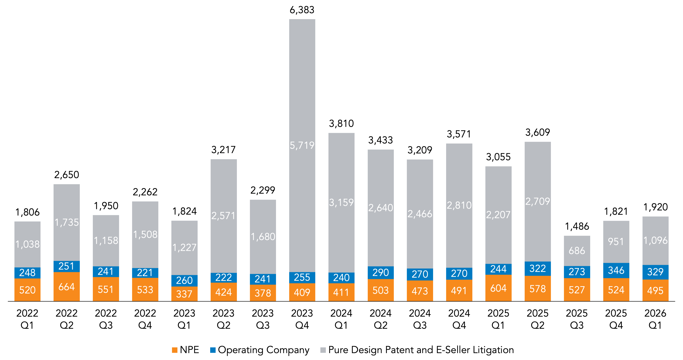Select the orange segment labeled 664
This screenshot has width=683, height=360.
[67, 287]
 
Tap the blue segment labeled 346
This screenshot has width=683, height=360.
[616, 270]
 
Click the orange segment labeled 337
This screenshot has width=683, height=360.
[184, 294]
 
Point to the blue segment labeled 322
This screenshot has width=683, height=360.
[537, 269]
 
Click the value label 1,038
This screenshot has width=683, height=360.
[27, 244]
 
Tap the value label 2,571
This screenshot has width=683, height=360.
[224, 216]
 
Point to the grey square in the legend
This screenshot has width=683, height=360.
[323, 350]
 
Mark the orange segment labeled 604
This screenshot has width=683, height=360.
[498, 288]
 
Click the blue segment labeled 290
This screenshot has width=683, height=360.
[380, 272]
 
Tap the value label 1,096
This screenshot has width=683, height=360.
[655, 240]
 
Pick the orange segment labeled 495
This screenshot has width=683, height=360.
[655, 291]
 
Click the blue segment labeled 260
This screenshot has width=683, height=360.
[184, 281]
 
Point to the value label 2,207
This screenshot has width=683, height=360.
[498, 215]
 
